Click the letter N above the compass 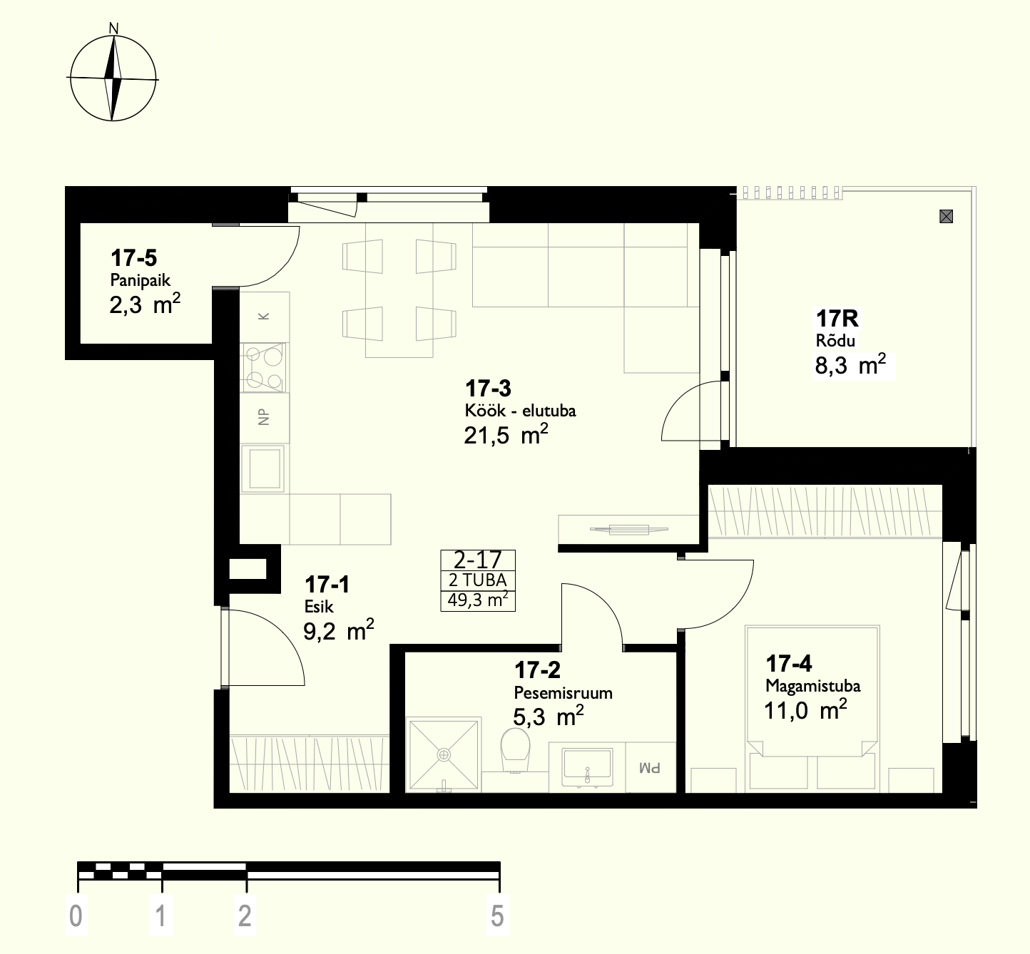113,29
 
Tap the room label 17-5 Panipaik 140,269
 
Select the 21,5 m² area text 506,434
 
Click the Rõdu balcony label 835,341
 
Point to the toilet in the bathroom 515,750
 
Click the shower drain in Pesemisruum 444,755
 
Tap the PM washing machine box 651,767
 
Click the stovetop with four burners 264,368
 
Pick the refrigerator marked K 265,317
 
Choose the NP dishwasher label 264,417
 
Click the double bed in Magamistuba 812,709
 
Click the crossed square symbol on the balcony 946,216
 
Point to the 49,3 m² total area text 478,600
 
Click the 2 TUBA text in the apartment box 478,580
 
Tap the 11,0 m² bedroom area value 805,710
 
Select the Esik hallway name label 318,607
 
